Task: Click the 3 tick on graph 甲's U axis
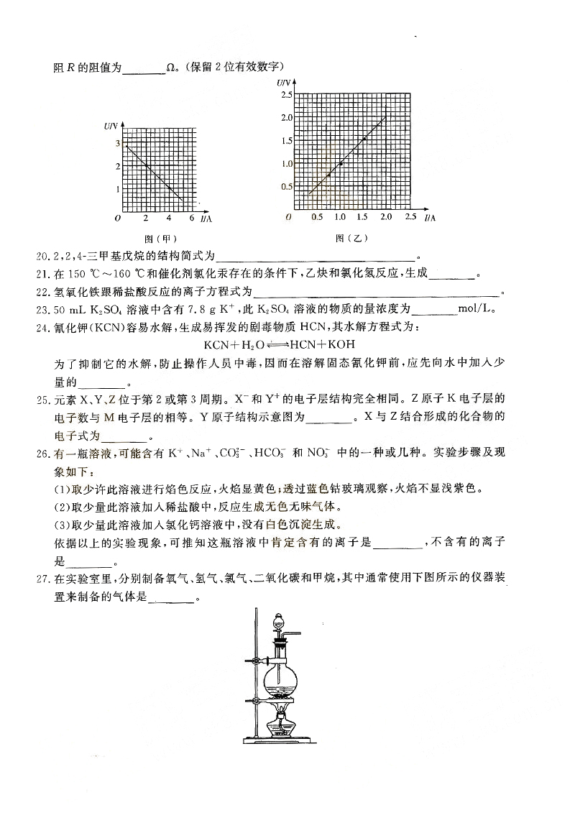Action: [117, 144]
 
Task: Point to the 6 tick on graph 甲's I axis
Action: [191, 218]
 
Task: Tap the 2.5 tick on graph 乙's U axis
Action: [287, 95]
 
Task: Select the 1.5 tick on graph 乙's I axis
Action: [363, 217]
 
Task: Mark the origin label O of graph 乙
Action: [287, 217]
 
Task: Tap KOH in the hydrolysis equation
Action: [341, 344]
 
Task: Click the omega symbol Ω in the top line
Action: [171, 69]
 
